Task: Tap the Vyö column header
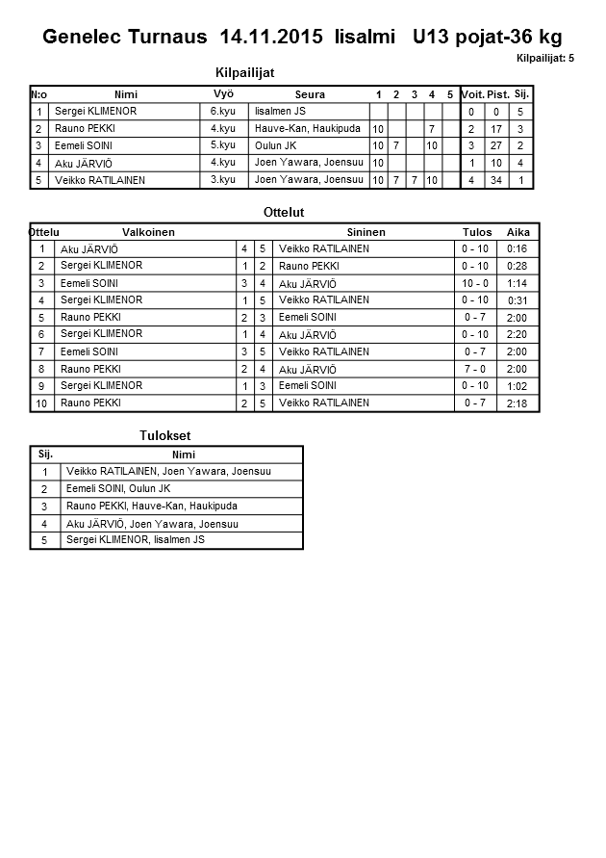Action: (223, 94)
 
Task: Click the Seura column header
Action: (310, 94)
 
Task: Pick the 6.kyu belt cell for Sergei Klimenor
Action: (223, 112)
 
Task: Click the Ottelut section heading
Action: (283, 212)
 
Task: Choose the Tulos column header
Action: (476, 232)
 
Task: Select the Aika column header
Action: (518, 232)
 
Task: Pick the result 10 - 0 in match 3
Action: (475, 284)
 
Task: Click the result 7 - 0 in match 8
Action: (475, 369)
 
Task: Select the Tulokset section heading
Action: (165, 436)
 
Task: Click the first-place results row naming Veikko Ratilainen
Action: (168, 472)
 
